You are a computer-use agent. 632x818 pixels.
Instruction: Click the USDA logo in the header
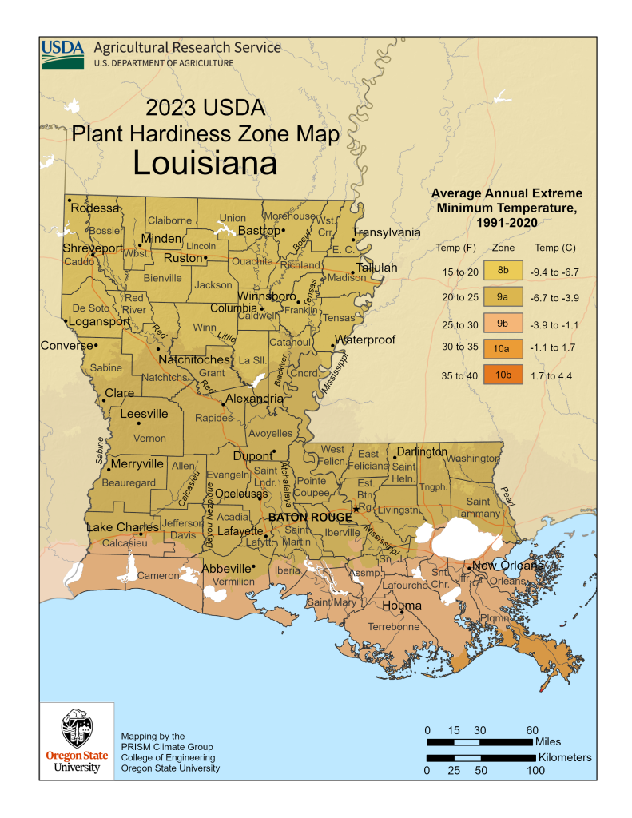62,54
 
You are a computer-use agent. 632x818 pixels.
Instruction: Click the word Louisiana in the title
205,162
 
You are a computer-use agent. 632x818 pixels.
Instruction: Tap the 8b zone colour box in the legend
502,272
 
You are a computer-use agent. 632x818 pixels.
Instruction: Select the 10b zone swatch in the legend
502,375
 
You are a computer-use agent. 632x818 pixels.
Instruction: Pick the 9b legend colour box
502,323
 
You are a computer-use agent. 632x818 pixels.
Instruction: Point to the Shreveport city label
93,248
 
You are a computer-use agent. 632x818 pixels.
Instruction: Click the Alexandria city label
254,398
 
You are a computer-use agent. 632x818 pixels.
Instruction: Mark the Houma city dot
402,613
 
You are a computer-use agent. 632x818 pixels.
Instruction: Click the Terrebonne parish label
393,627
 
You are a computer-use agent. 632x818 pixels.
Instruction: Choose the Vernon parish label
150,438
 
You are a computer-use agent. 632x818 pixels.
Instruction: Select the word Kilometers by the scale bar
565,756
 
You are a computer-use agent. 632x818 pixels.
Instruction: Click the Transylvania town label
386,232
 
